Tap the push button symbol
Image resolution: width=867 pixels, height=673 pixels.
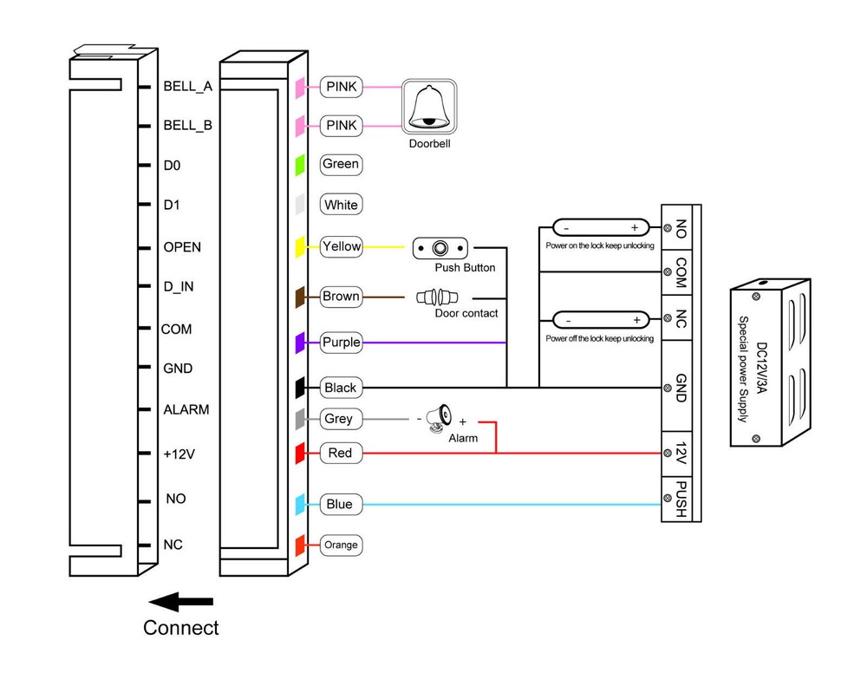pos(441,248)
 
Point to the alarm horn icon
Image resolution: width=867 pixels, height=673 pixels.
pos(440,416)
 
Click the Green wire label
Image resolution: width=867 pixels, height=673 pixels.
pos(340,164)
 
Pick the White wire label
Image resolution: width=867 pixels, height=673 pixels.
pos(340,206)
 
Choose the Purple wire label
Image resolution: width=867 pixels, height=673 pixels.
pos(340,343)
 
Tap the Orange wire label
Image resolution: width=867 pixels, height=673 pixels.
pos(340,546)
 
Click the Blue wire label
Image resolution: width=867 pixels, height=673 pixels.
pos(339,505)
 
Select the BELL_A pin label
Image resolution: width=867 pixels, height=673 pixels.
pos(187,87)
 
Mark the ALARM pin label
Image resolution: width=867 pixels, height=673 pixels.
pos(186,409)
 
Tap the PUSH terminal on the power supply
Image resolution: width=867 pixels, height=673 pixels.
pos(681,499)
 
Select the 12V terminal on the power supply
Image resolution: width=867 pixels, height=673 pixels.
pos(681,453)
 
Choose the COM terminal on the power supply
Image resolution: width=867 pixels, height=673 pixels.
pos(681,272)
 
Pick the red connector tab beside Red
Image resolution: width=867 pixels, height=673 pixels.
pos(300,453)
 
